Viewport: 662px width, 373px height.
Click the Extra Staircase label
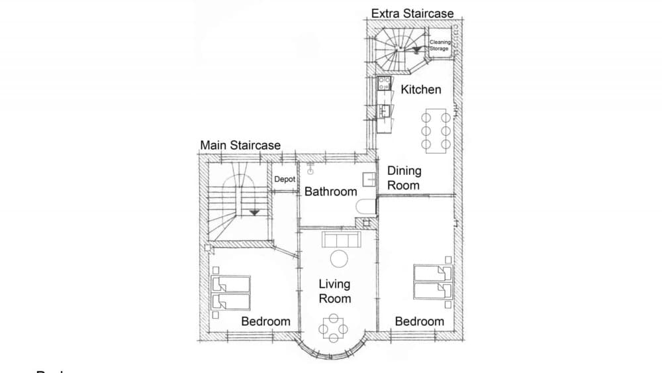pos(412,13)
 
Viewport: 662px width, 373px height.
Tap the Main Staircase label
pos(240,145)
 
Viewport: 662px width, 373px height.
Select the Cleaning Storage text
pos(440,45)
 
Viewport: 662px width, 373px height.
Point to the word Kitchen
pos(421,89)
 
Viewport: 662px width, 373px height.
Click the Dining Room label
pos(404,178)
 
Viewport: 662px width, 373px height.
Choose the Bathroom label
pos(330,191)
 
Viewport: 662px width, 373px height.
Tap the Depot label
pos(284,179)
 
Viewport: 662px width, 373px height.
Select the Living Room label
pos(335,292)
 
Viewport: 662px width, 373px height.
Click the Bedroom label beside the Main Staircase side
pos(265,321)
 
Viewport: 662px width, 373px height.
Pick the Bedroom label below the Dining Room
pos(419,321)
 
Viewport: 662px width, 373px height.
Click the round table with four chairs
pos(334,327)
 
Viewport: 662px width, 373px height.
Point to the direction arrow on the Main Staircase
pos(254,212)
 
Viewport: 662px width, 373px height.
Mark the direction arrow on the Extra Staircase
pos(415,48)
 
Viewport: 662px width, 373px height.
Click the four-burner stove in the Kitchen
pos(383,83)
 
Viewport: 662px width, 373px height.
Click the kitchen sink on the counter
pos(383,110)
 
